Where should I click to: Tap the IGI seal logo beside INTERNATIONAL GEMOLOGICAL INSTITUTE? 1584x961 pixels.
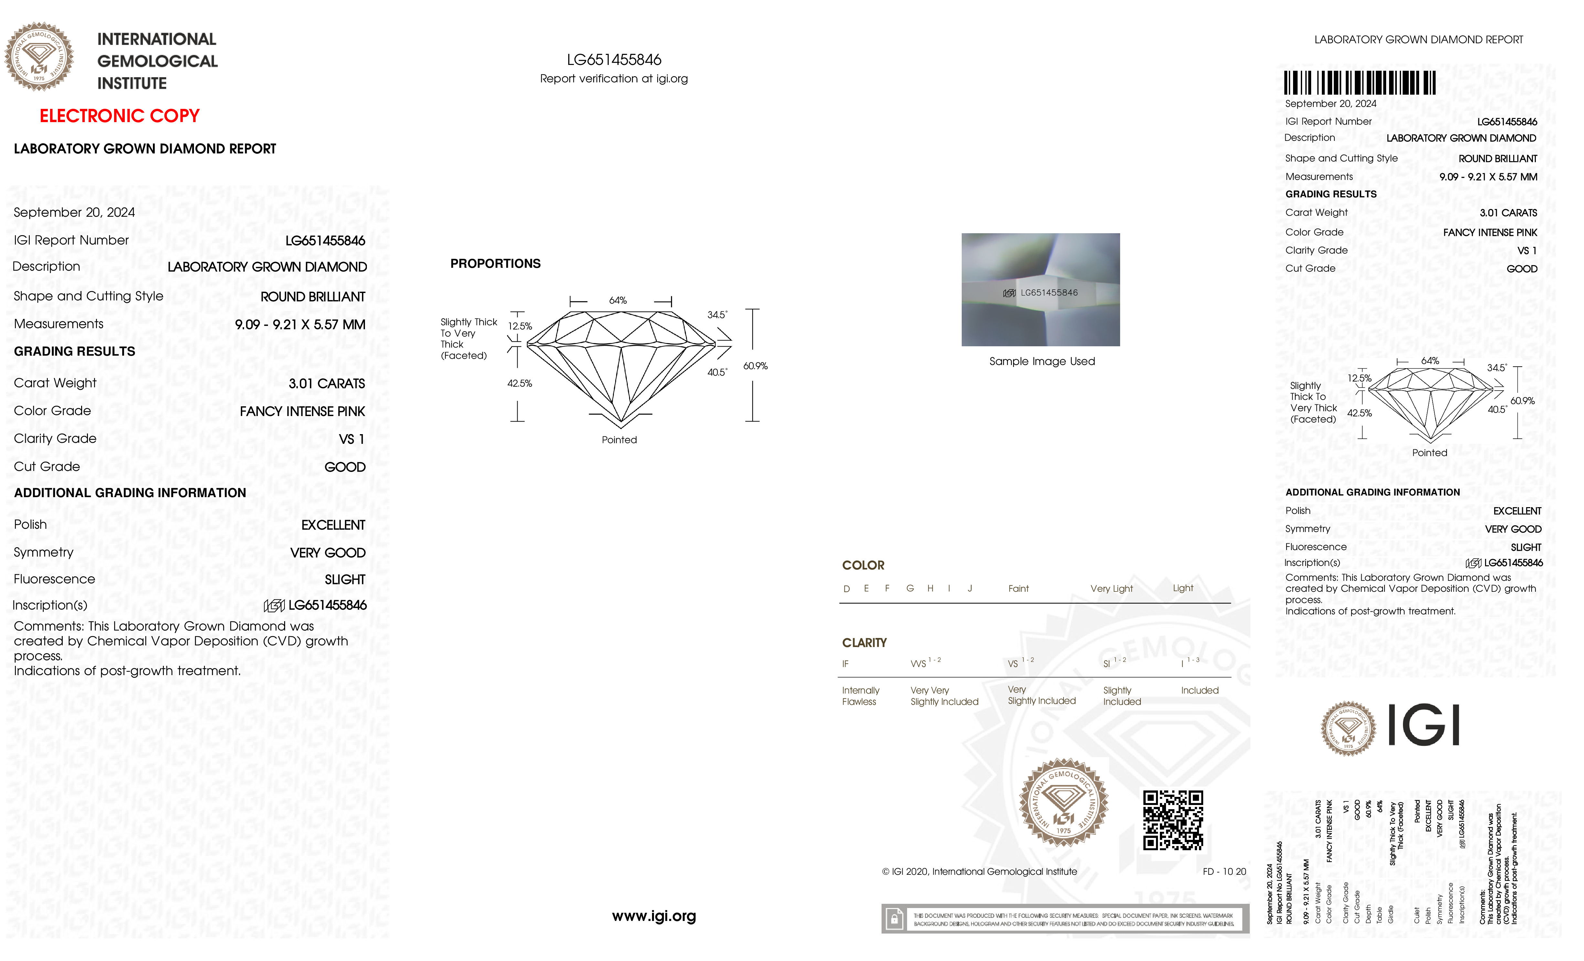(39, 57)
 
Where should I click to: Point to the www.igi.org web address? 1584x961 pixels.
(654, 916)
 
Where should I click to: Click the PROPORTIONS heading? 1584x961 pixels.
(495, 263)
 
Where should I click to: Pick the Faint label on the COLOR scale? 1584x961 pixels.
(1018, 589)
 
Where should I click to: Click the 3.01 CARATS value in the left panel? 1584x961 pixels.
(326, 383)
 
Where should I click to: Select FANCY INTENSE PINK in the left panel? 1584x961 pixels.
(302, 411)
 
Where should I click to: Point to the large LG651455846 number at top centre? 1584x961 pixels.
(614, 60)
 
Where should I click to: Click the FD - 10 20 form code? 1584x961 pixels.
(1224, 872)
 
